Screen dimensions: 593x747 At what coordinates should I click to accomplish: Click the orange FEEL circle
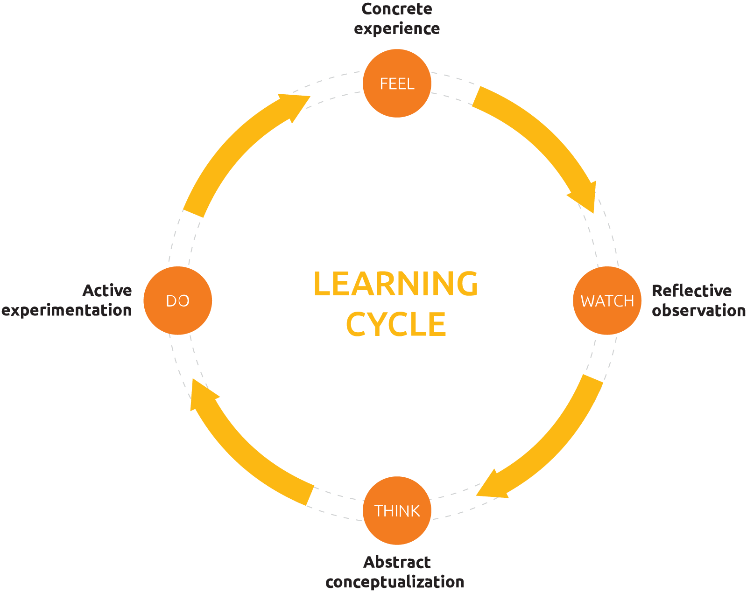point(397,83)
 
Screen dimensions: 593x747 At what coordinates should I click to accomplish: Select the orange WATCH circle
point(607,300)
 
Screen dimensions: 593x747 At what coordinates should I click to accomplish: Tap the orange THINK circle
point(397,510)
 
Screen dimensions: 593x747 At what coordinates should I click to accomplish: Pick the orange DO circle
point(177,300)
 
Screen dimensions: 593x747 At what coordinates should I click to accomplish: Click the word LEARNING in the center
point(395,283)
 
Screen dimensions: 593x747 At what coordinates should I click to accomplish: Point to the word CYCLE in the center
point(396,324)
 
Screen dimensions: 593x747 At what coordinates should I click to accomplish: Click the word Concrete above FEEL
point(397,9)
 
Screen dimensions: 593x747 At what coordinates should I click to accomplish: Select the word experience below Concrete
point(397,29)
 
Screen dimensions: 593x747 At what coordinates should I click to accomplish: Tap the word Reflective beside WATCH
point(691,291)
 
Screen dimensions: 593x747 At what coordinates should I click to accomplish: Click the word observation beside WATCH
point(698,310)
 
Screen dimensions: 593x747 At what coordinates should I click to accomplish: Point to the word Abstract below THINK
point(397,562)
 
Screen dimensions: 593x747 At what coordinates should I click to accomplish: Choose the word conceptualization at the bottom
point(395,582)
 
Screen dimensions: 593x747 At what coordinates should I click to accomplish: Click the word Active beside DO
point(107,290)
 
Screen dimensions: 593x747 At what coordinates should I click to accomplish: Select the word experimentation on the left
point(67,310)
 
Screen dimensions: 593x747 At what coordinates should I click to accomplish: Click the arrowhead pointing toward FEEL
point(294,105)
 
